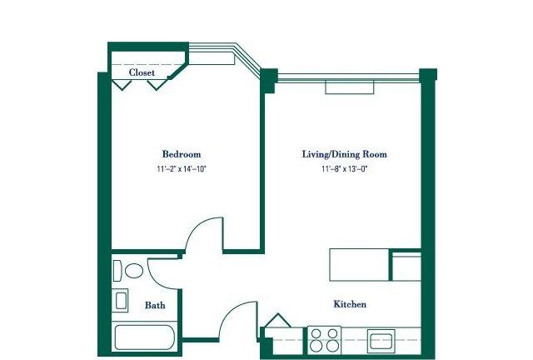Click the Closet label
[x=142, y=72]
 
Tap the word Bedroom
[x=182, y=154]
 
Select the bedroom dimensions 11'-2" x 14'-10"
[x=182, y=169]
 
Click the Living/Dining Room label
[x=344, y=154]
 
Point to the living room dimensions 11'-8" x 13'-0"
[x=345, y=169]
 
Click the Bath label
[x=155, y=305]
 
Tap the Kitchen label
[x=350, y=304]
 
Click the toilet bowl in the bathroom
[x=134, y=271]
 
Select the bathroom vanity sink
[x=120, y=301]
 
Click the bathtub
[x=145, y=337]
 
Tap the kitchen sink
[x=381, y=341]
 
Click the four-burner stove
[x=324, y=340]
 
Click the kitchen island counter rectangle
[x=359, y=265]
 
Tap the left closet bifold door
[x=122, y=85]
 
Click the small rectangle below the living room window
[x=350, y=87]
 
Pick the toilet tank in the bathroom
[x=117, y=271]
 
